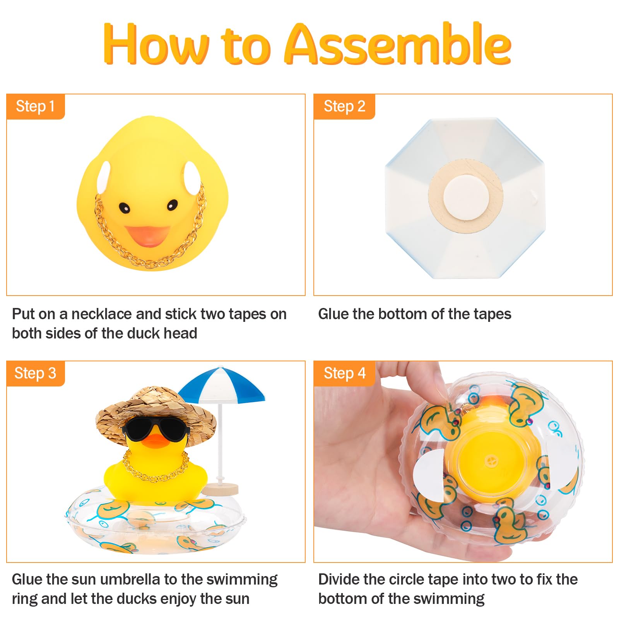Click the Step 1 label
coord(35,106)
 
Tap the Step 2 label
coord(344,106)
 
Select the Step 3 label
coord(35,373)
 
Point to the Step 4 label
coord(344,373)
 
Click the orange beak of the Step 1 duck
coord(147,236)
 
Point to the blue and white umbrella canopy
coord(222,385)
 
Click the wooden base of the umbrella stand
coord(221,488)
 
